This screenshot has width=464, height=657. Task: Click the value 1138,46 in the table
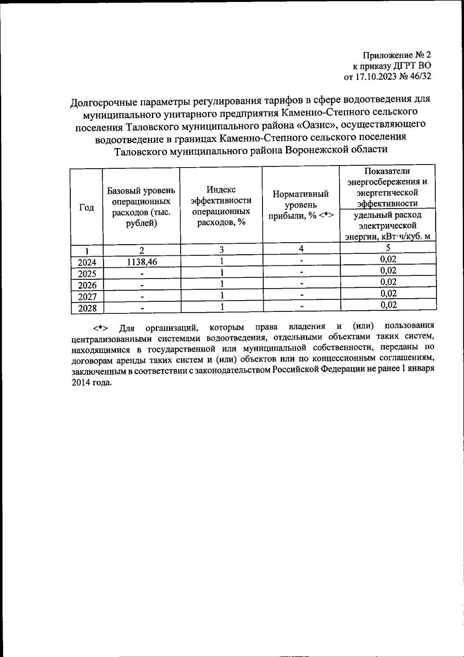(142, 262)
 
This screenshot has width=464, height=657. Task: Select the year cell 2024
(87, 263)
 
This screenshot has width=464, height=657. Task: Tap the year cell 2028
(87, 308)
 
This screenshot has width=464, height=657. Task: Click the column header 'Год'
(87, 208)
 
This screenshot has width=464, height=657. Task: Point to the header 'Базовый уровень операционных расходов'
(141, 207)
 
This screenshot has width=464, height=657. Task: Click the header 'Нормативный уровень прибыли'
(301, 205)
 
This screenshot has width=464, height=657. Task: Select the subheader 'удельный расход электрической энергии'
(387, 226)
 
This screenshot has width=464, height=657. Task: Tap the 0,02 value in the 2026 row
(388, 282)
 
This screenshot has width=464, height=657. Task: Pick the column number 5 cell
(388, 248)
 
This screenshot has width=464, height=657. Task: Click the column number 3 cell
(222, 250)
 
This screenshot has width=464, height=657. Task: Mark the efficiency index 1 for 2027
(222, 295)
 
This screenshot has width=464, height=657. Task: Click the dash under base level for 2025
(142, 274)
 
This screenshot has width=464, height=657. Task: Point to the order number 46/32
(419, 76)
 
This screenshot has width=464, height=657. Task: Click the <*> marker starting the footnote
(99, 328)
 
